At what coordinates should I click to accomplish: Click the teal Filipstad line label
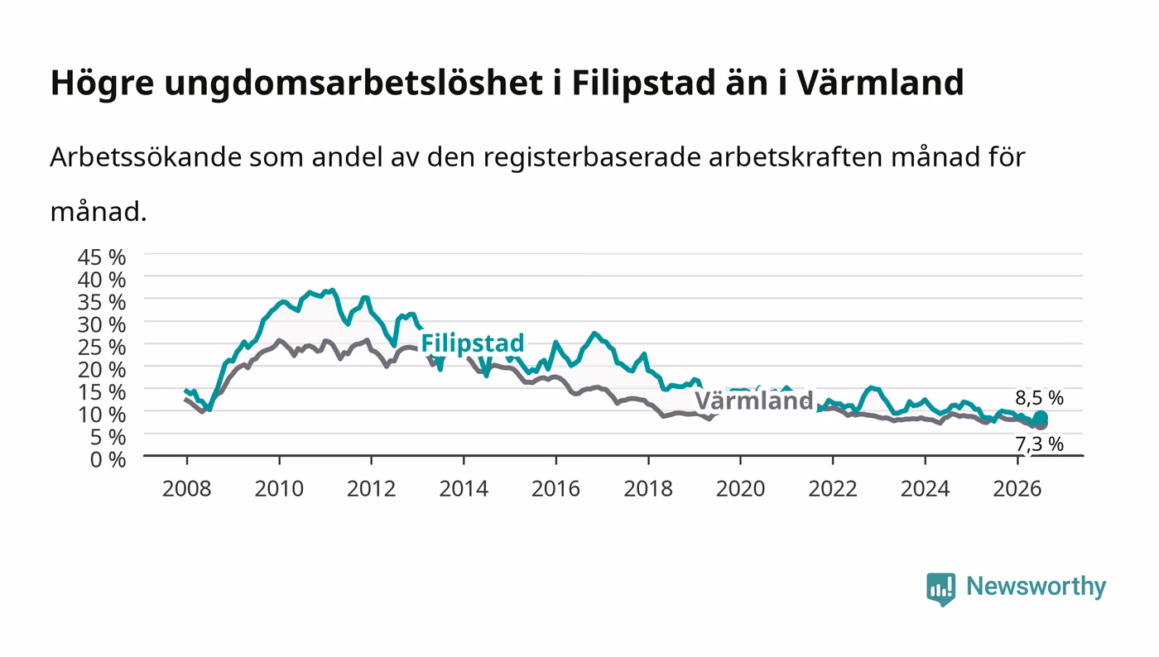pos(473,343)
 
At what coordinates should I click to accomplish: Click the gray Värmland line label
pos(753,401)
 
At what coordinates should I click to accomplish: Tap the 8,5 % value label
pos(1039,398)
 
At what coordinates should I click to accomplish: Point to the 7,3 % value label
pos(1039,444)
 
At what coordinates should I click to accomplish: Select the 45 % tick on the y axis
pos(102,257)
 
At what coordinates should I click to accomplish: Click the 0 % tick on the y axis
pos(108,460)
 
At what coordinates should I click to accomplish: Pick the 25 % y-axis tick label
pos(102,348)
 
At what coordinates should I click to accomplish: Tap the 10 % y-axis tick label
pos(102,415)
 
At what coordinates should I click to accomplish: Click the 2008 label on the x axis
pos(187,489)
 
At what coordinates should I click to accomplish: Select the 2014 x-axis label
pos(464,489)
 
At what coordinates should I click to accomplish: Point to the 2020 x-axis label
pos(740,489)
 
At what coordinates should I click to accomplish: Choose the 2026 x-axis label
pos(1017,489)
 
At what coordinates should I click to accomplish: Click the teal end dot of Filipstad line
pos(1041,418)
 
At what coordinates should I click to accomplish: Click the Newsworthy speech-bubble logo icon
pos(940,588)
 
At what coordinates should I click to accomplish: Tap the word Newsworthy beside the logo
pos(1036,586)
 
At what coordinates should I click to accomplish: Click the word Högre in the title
pos(102,84)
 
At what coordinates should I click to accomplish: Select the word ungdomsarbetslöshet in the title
pos(353,84)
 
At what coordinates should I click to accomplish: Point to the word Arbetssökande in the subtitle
pos(146,156)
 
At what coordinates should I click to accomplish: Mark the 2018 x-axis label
pos(648,489)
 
